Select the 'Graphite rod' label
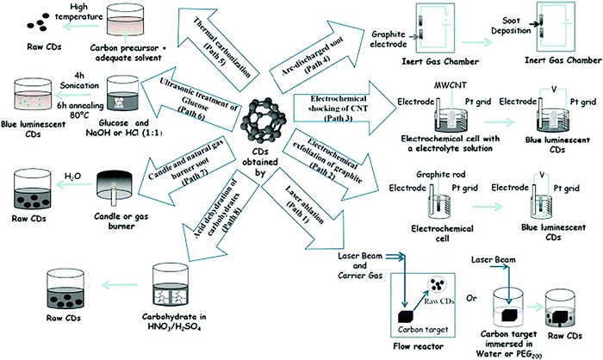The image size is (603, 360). tap(420, 172)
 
